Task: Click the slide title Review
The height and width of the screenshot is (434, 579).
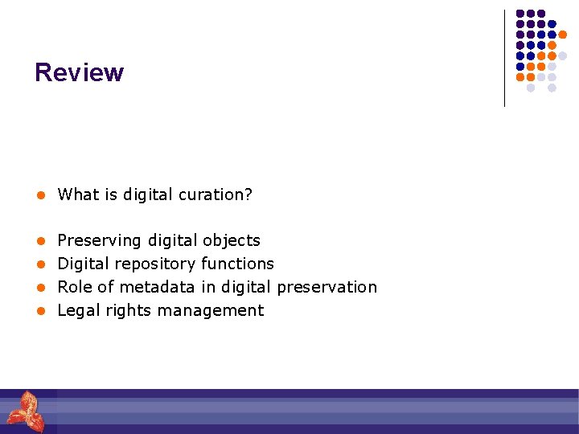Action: [79, 72]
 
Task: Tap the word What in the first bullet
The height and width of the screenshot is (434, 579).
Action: [76, 194]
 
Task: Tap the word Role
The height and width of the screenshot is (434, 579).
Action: [75, 287]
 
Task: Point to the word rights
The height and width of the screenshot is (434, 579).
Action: [129, 310]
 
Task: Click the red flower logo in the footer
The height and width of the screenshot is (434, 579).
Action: [27, 411]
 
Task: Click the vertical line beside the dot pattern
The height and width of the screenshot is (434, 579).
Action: [504, 58]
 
